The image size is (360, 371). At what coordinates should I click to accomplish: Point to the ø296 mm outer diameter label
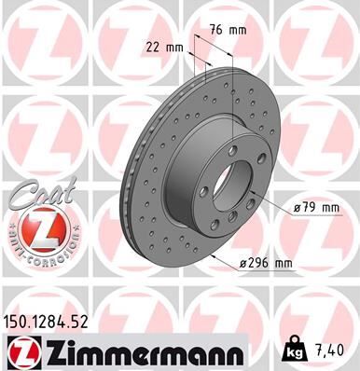(x=267, y=264)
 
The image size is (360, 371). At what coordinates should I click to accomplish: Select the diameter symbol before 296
(x=243, y=264)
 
